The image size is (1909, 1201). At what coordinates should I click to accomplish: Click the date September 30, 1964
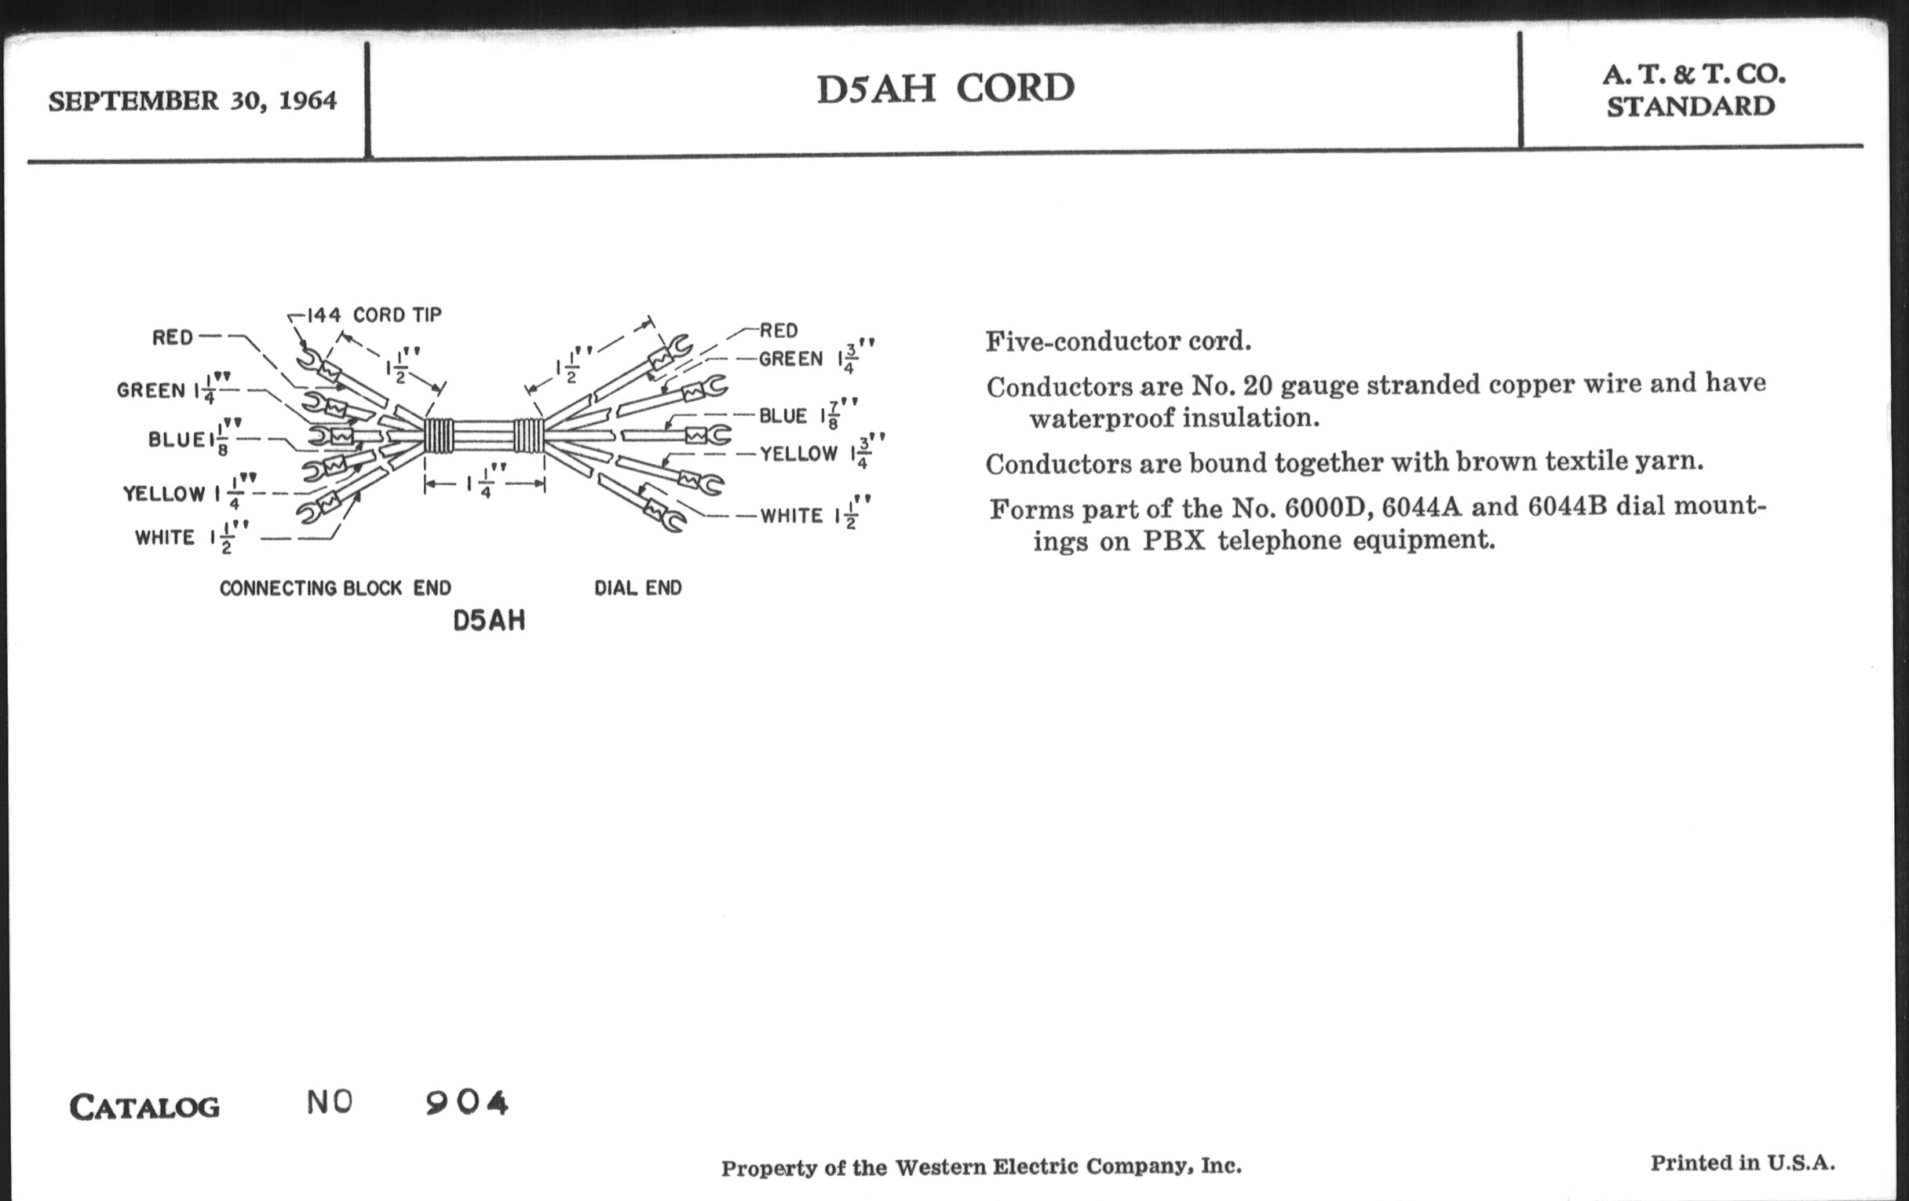[192, 101]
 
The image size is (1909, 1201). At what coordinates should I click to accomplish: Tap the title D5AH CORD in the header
[946, 88]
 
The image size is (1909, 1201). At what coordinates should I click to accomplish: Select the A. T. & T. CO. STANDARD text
[1692, 90]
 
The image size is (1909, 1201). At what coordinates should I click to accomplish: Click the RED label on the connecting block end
[173, 338]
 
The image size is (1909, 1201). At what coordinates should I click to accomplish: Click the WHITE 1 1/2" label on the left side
[192, 538]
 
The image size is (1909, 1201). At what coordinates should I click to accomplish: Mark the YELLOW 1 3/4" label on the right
[823, 452]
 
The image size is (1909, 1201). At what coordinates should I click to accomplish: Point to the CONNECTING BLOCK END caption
[335, 588]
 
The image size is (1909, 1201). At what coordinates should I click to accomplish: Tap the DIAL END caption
[638, 588]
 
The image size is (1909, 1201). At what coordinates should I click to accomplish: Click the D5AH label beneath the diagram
[489, 621]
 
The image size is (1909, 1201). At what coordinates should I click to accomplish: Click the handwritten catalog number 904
[466, 1103]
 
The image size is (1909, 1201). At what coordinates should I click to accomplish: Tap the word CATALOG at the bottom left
[144, 1108]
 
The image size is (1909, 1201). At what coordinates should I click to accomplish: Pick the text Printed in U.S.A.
[1743, 1163]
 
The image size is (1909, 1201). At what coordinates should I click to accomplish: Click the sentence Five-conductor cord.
[1119, 341]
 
